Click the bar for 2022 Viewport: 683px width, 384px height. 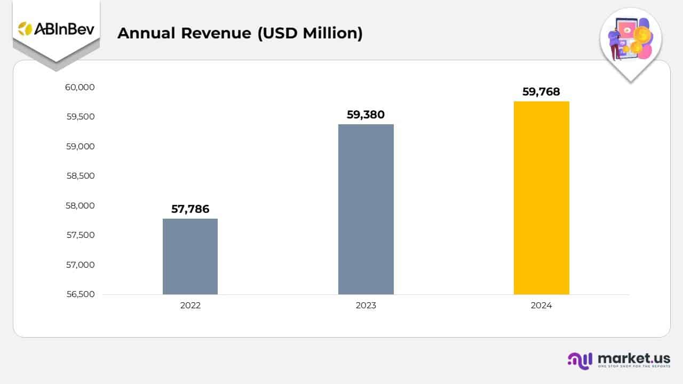pos(190,257)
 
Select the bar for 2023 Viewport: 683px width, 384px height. pos(366,209)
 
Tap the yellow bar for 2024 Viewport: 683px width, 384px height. pos(541,198)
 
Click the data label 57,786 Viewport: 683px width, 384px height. pos(190,209)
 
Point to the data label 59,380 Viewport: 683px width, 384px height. pos(366,115)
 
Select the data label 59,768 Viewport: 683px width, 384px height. pos(541,92)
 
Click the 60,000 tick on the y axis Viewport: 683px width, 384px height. pos(80,87)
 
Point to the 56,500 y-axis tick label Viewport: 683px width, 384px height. pos(80,294)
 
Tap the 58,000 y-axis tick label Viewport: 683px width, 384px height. pos(80,206)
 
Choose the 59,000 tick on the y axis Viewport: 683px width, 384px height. pos(80,147)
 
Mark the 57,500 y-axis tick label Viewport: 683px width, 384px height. pos(80,235)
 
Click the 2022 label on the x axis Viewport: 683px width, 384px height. pos(190,306)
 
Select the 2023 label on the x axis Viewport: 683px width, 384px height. pos(366,306)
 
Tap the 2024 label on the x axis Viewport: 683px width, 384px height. pos(541,306)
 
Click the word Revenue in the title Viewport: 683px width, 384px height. pos(216,33)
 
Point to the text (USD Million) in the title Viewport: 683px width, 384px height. pos(310,33)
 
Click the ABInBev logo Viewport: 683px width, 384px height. pos(56,29)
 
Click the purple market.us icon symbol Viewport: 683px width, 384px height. pos(580,361)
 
